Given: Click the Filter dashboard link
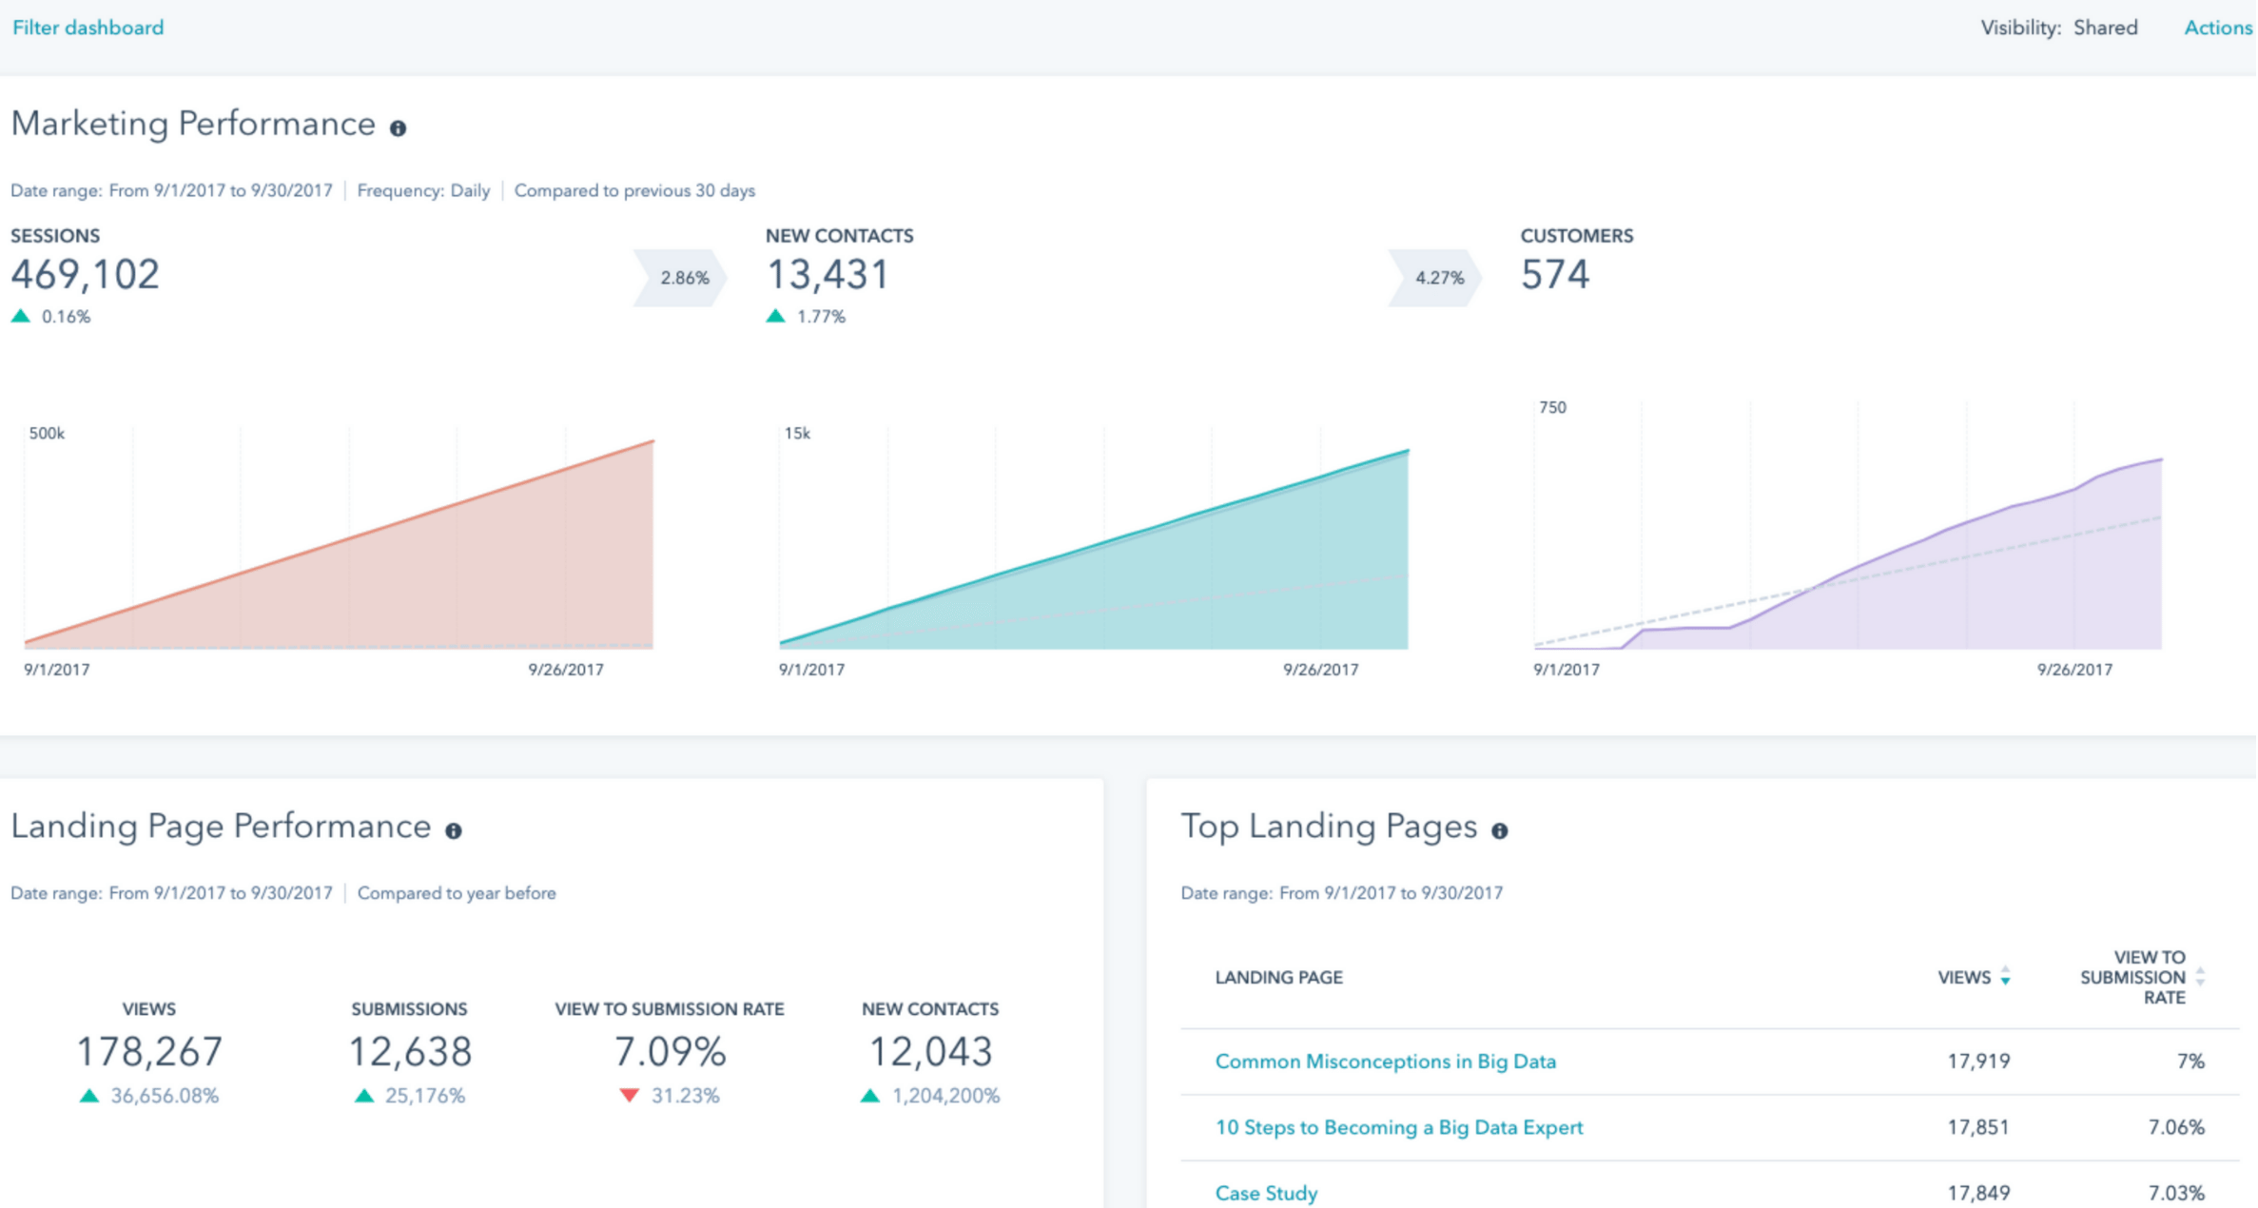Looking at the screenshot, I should pyautogui.click(x=88, y=28).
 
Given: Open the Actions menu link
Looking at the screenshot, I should pyautogui.click(x=2217, y=28).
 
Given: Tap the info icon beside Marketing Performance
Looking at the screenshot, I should pyautogui.click(x=398, y=128).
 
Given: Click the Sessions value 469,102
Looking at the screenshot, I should pyautogui.click(x=85, y=275).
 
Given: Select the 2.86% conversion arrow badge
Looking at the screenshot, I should pyautogui.click(x=682, y=278).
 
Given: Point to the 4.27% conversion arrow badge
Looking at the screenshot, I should pyautogui.click(x=1437, y=278).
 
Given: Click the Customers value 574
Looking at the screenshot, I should pyautogui.click(x=1554, y=275).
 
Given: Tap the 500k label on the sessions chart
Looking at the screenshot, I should pyautogui.click(x=47, y=434).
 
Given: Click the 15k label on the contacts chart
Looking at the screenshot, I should pyautogui.click(x=797, y=434).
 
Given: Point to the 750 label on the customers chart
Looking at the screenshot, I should pyautogui.click(x=1552, y=407).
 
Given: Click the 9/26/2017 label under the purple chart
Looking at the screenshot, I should pyautogui.click(x=2074, y=670).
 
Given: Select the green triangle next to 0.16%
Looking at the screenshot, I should pyautogui.click(x=21, y=316).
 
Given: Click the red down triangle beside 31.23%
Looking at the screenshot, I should pyautogui.click(x=629, y=1095).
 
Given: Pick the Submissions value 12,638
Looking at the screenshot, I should pyautogui.click(x=410, y=1052).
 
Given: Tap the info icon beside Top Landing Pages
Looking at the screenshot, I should pyautogui.click(x=1500, y=830).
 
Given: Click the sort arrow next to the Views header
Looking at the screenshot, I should pyautogui.click(x=2005, y=977).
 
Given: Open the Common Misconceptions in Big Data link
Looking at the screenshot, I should pyautogui.click(x=1385, y=1062).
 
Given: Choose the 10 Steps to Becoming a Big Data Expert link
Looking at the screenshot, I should pyautogui.click(x=1399, y=1127).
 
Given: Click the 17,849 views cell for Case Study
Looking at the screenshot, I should pyautogui.click(x=1978, y=1193).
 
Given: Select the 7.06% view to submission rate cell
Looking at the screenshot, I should pyautogui.click(x=2176, y=1127).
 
